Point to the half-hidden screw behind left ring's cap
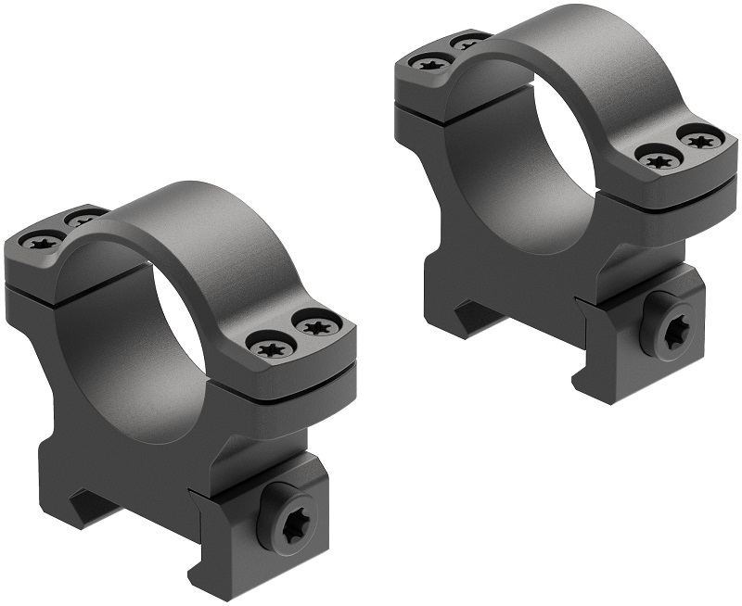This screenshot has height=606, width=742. coord(83,219)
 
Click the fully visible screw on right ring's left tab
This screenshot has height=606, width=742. coord(429,63)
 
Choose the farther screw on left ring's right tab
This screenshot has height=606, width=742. coord(315,327)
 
